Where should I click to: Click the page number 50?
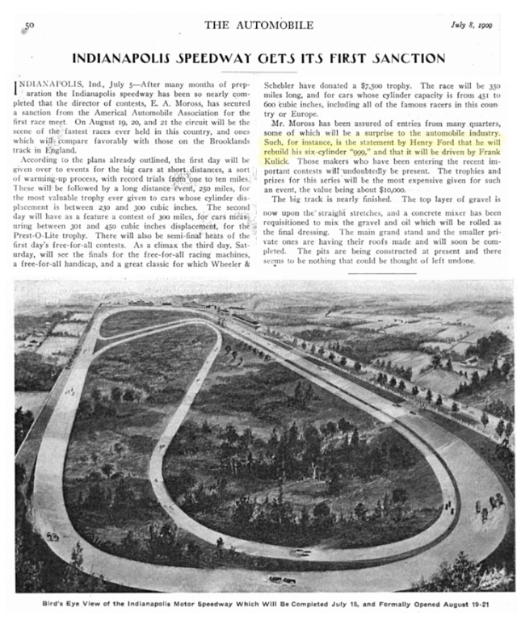click(x=30, y=26)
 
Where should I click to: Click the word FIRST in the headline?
click(x=334, y=58)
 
